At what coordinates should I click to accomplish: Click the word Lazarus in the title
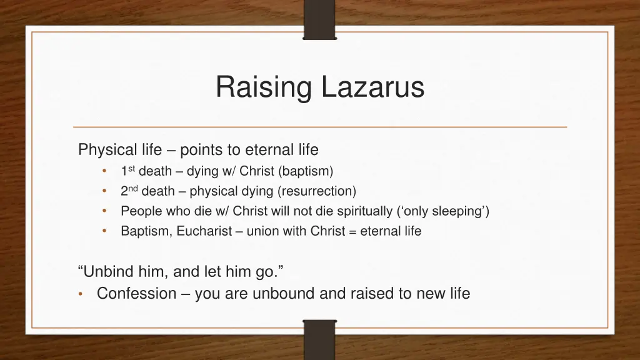coord(372,87)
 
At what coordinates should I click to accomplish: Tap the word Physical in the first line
coord(107,150)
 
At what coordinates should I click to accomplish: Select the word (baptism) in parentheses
coord(306,171)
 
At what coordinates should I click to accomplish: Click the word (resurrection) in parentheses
coord(317,191)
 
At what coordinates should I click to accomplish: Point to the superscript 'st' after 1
coord(131,168)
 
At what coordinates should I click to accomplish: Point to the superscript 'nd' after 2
coord(133,188)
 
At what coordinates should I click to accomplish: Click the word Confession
coord(136,293)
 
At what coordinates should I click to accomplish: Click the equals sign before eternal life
coord(353,231)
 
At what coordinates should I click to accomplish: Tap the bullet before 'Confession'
coord(82,294)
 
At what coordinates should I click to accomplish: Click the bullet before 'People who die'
coord(105,211)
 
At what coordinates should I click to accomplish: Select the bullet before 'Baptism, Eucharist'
coord(105,231)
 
